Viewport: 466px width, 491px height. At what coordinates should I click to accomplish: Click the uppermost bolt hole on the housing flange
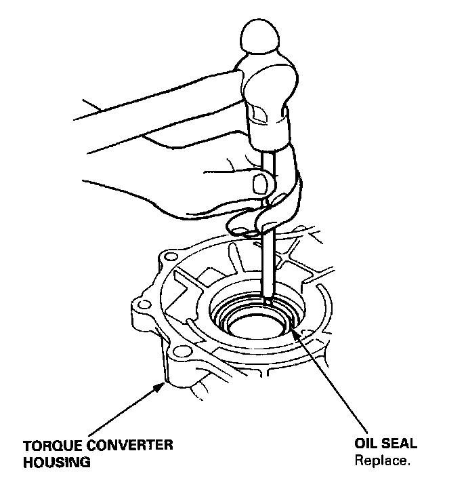point(169,258)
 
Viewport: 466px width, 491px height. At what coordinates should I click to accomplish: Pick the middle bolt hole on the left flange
point(142,304)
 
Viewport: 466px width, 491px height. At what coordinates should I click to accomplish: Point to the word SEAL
point(400,445)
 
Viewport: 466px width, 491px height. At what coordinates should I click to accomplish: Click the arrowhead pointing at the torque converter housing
point(163,386)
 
